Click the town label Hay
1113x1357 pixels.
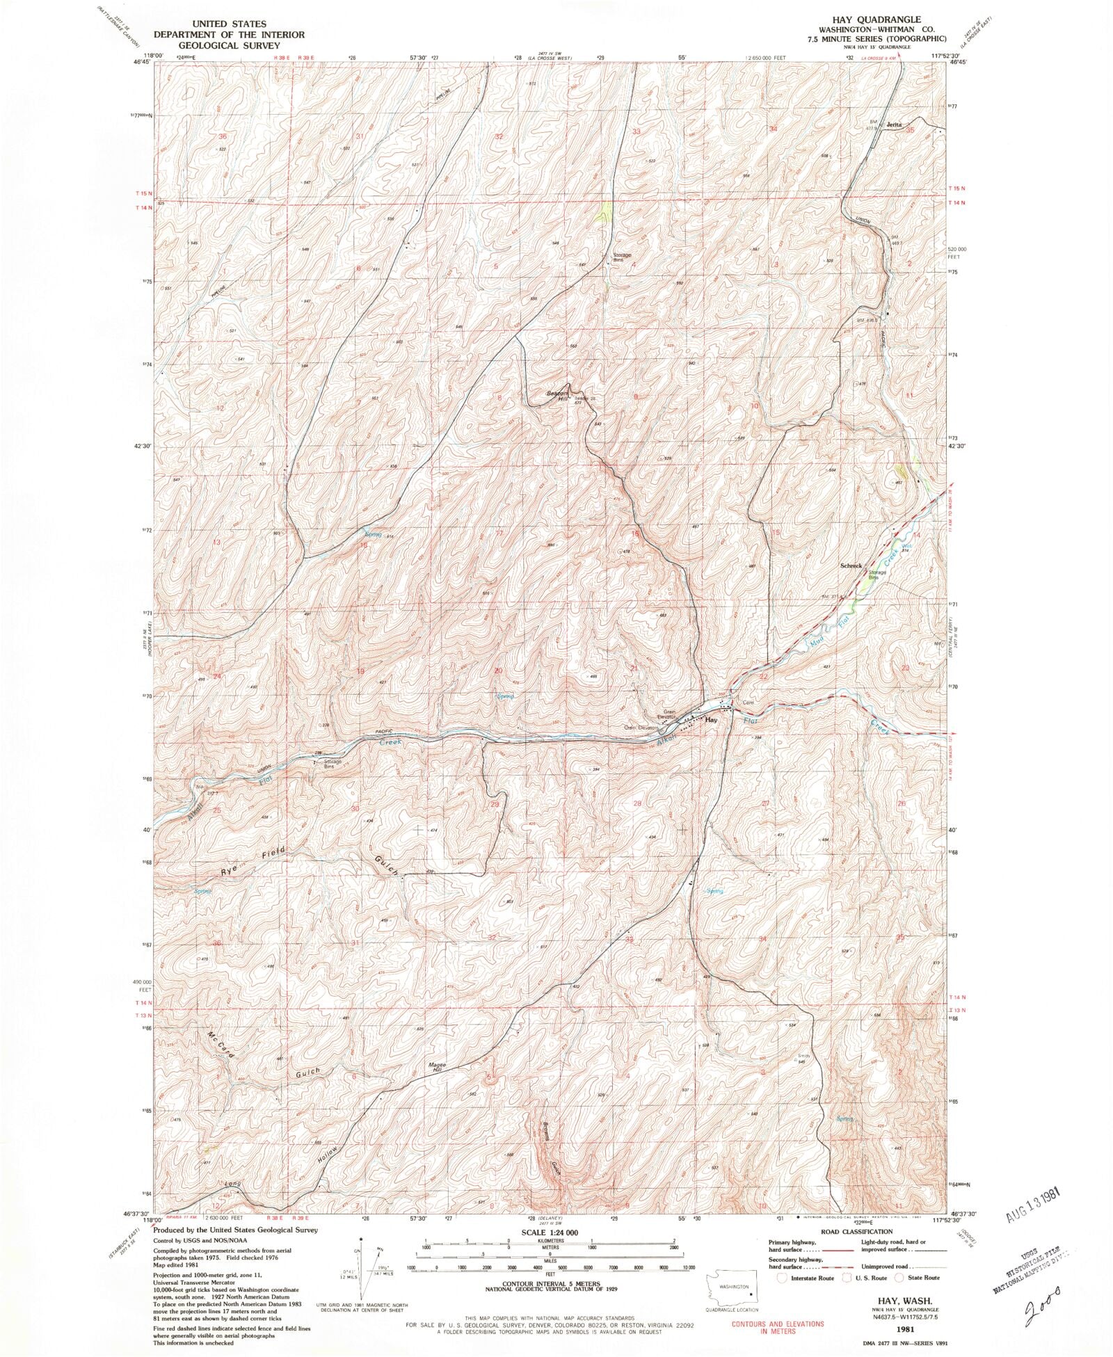(711, 720)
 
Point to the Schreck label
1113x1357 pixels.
(850, 565)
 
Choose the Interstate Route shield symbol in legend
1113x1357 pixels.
(783, 1278)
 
